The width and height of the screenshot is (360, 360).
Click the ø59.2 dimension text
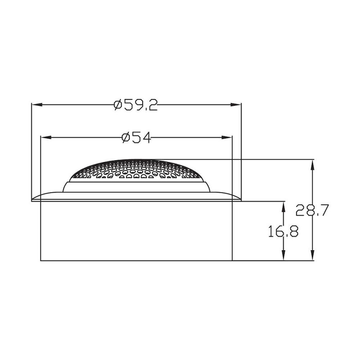point(136,105)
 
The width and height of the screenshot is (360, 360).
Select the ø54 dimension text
point(136,138)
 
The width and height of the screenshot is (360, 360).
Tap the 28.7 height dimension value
point(312,210)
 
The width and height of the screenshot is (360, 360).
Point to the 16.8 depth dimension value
point(283,231)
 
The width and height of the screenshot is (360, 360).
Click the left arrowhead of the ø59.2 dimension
point(37,105)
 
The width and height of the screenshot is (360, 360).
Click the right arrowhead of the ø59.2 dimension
point(236,105)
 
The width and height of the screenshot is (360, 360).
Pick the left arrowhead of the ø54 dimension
point(46,138)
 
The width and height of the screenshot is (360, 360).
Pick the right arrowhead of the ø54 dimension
point(227,138)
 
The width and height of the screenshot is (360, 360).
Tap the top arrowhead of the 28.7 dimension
point(312,165)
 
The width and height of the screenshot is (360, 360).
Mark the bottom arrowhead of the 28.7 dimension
point(312,255)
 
